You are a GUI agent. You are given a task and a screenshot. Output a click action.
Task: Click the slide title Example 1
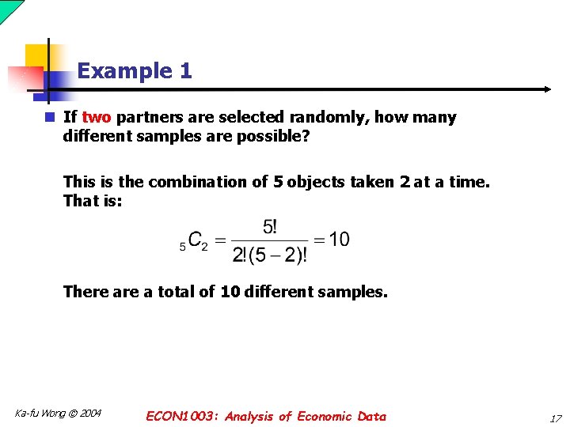pos(135,71)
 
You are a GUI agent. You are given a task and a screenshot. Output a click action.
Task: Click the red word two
pos(97,118)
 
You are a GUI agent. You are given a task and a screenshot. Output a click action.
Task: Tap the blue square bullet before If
pos(49,117)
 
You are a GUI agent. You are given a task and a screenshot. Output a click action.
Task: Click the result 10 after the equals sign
pos(339,240)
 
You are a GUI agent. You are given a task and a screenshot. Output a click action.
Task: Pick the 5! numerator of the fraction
pos(270,227)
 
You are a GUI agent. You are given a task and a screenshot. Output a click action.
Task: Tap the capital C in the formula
pos(194,240)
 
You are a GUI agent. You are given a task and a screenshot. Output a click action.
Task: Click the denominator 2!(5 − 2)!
pos(270,255)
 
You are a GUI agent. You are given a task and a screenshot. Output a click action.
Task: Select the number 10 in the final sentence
pos(230,292)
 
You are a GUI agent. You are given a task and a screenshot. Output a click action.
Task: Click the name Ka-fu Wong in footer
pos(40,414)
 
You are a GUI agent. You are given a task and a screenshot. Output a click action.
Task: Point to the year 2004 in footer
pos(89,414)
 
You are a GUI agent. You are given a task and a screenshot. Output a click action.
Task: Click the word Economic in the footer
pos(324,417)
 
